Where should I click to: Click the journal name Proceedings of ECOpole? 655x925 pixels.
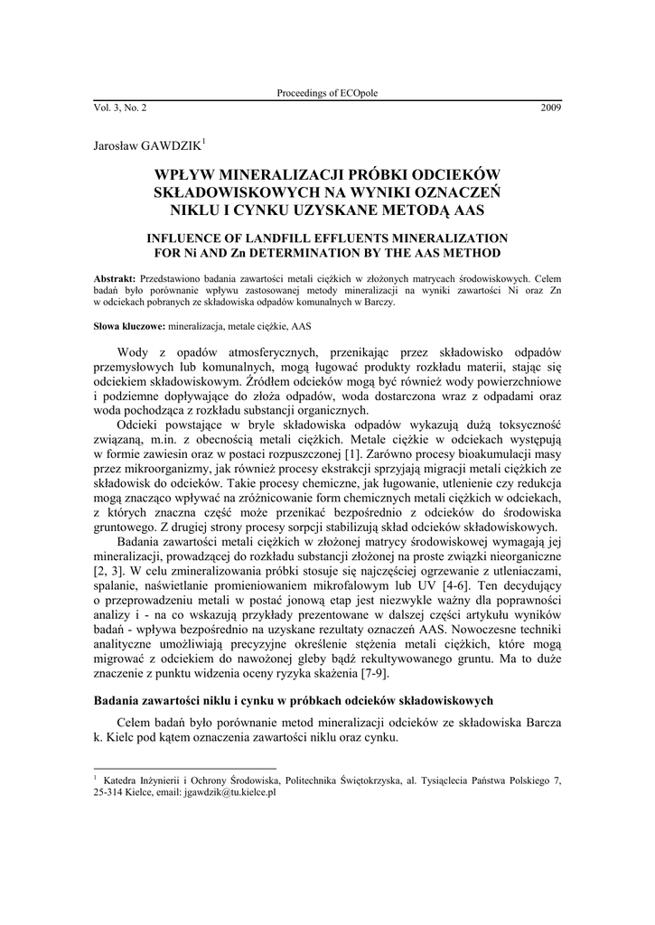[326, 95]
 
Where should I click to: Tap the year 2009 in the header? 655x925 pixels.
[550, 107]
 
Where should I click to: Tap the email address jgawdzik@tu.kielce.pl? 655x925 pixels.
[230, 791]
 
